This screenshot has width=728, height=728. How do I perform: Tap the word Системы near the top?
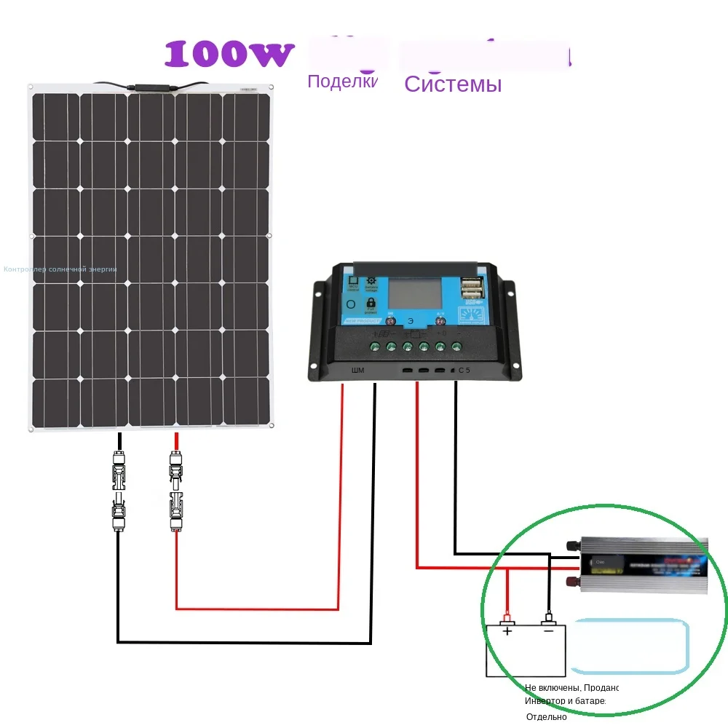[453, 84]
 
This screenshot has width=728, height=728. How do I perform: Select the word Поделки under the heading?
[342, 81]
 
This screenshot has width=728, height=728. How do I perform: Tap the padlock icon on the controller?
[371, 302]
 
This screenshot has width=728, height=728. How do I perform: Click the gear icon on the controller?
[371, 281]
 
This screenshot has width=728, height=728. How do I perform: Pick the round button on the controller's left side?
[352, 304]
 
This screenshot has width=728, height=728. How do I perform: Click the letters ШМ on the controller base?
[357, 371]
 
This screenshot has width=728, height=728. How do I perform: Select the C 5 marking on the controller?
[464, 371]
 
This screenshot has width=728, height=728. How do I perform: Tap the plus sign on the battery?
[507, 630]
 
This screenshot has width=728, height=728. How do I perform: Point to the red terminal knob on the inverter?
[572, 580]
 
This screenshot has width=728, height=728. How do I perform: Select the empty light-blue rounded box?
[629, 646]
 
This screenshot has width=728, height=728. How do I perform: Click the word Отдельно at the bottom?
[546, 716]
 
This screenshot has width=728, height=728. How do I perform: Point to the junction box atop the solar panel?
[152, 87]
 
